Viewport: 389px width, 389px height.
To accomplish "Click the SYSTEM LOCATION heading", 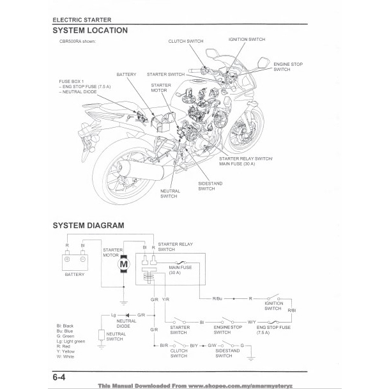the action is tap(90, 31).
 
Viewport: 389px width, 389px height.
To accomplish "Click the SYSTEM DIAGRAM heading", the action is tap(88, 225).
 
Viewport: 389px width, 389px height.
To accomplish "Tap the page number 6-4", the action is tap(59, 378).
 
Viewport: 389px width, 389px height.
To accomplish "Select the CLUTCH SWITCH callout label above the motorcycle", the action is tap(186, 41).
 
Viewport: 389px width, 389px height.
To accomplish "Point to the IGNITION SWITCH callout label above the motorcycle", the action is tap(247, 39).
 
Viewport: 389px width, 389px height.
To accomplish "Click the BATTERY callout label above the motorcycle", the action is tap(126, 75).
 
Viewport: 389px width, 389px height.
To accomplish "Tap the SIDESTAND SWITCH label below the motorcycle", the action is tap(210, 186).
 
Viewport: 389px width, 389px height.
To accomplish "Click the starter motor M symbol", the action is tap(123, 264).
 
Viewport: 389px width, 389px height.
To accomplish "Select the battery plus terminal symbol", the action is tap(67, 259).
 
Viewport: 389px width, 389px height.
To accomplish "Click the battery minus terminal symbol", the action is tap(83, 259).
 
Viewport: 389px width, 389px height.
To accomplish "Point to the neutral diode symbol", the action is tap(128, 316).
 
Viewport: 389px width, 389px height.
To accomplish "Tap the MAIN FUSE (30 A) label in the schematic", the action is tap(180, 270).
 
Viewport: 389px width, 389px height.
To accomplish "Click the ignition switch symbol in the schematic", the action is tap(273, 297).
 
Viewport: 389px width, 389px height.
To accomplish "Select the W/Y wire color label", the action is tap(252, 322).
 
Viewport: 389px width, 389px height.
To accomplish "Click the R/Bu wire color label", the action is tap(217, 298).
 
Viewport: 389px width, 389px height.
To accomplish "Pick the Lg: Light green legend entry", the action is tap(71, 341).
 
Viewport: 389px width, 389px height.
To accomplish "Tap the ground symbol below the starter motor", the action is tap(123, 303).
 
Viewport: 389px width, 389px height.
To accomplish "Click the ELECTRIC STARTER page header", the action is tap(82, 20).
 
